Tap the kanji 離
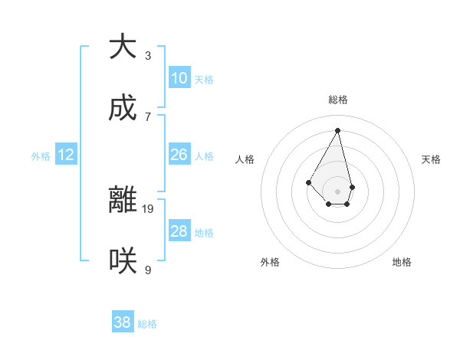(x=123, y=200)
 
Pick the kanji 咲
(x=123, y=261)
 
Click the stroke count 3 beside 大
(x=148, y=55)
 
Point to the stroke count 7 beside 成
(x=148, y=116)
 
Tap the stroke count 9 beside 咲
(x=148, y=270)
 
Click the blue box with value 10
(x=179, y=78)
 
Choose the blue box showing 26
(x=179, y=155)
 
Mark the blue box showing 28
(x=179, y=231)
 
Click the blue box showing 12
(x=66, y=155)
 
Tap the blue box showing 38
(x=123, y=322)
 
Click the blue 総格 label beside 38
(x=147, y=324)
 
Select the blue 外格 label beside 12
(x=41, y=156)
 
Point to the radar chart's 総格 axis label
(x=338, y=100)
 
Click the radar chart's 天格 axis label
(x=431, y=159)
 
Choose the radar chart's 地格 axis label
(x=402, y=262)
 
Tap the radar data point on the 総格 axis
(x=338, y=130)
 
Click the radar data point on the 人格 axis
(x=308, y=182)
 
